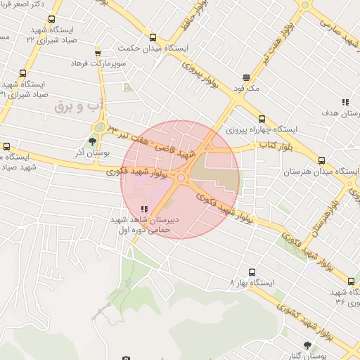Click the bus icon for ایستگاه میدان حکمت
(x=153, y=37)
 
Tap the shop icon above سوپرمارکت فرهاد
(x=98, y=52)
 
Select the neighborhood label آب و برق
(x=82, y=105)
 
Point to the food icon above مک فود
(x=246, y=78)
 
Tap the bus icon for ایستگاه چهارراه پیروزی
(x=262, y=119)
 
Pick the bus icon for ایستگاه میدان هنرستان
(x=322, y=161)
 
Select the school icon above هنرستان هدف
(x=345, y=102)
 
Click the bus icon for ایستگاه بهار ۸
(x=252, y=271)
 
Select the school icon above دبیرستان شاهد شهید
(x=144, y=209)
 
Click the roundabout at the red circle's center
(x=181, y=179)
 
